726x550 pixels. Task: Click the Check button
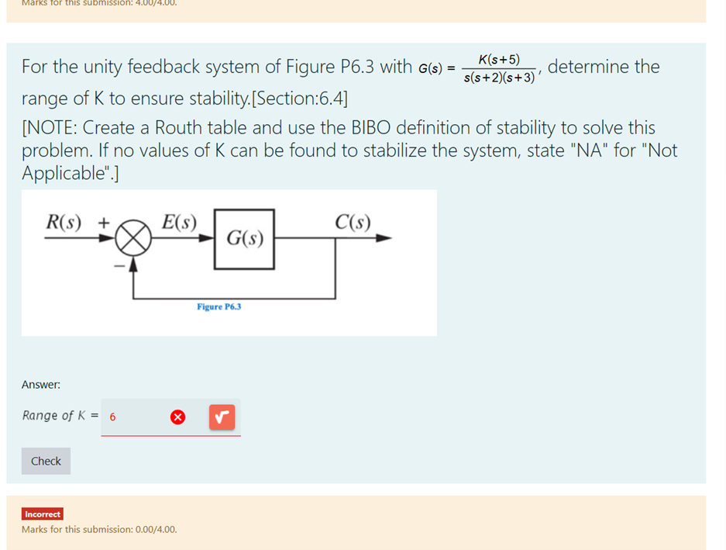click(46, 461)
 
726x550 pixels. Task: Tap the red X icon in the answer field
click(177, 417)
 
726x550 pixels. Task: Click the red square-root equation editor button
click(222, 417)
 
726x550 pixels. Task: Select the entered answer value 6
click(112, 417)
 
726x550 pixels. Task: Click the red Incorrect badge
click(43, 514)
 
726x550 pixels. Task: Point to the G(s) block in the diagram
click(244, 239)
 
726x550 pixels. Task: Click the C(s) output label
click(353, 222)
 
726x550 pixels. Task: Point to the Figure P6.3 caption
click(218, 307)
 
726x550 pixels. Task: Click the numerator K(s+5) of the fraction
click(499, 60)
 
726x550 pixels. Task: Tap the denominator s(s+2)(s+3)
click(499, 78)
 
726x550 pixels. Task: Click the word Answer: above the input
click(41, 385)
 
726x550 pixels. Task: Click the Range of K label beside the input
click(54, 416)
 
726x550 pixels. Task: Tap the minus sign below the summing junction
click(119, 265)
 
